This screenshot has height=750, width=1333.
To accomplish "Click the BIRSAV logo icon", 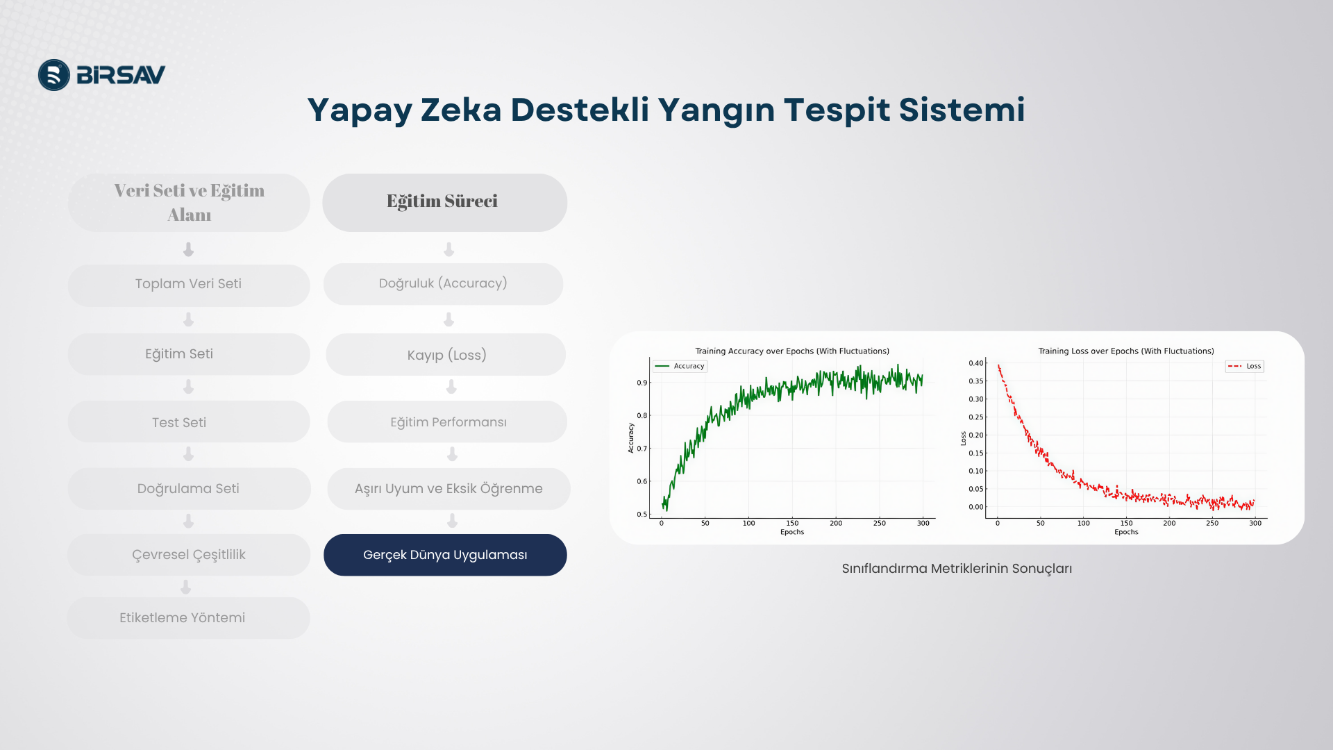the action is click(54, 75).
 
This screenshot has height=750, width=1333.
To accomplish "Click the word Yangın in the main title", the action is click(716, 110).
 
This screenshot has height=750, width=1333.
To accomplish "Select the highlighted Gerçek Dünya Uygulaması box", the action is click(445, 555).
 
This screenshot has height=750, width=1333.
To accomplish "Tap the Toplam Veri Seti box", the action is click(189, 285).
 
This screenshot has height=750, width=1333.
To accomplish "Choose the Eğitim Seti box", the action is click(189, 354).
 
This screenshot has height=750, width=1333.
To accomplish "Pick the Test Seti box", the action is click(189, 422).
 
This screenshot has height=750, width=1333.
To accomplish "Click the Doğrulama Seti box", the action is click(189, 488).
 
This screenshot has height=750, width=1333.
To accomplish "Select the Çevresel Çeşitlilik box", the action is click(189, 555).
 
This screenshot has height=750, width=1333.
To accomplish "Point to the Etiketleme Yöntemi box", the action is click(189, 618).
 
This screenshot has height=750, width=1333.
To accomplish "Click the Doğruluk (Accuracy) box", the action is click(444, 284).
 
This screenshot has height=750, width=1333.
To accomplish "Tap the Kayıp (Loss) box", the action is click(446, 354).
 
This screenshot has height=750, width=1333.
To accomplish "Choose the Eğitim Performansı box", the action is click(447, 422).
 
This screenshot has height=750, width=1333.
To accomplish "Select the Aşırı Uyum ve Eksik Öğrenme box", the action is click(448, 488).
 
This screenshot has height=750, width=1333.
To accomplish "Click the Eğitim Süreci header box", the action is click(444, 202).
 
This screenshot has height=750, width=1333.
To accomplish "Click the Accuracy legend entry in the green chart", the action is click(680, 366).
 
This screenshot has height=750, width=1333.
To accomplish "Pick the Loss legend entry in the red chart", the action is click(1245, 366).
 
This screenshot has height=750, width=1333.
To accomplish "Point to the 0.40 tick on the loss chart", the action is click(976, 363).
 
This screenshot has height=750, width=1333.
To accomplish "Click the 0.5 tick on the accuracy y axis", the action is click(642, 515).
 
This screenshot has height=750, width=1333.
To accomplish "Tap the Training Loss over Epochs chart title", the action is click(1126, 351).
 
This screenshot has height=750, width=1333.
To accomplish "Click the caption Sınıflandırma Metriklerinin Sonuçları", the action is click(957, 569).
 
